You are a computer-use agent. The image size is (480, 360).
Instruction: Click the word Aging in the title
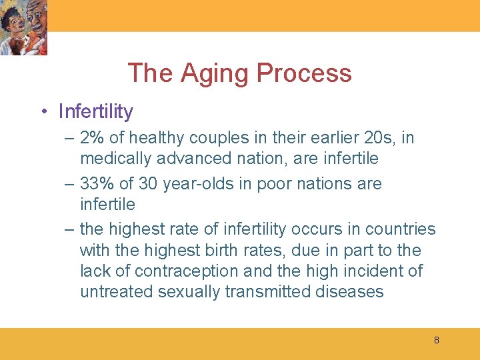point(214,73)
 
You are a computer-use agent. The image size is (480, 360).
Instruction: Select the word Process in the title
point(304,73)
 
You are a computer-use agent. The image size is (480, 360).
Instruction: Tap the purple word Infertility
point(96,111)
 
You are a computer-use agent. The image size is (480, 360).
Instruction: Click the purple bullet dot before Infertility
point(45,111)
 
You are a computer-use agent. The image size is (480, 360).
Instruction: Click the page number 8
point(437,340)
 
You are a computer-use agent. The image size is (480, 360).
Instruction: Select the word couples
point(219,139)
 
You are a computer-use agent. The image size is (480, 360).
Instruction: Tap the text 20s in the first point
point(379,138)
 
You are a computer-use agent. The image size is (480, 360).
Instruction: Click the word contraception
point(186,271)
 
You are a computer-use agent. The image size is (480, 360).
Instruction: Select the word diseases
point(349,291)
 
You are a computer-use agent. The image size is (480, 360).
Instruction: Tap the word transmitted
point(267,291)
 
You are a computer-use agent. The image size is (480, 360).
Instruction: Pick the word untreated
point(116,291)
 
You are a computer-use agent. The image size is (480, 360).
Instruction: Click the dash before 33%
point(69,184)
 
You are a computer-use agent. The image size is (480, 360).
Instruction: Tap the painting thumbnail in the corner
point(23,27)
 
